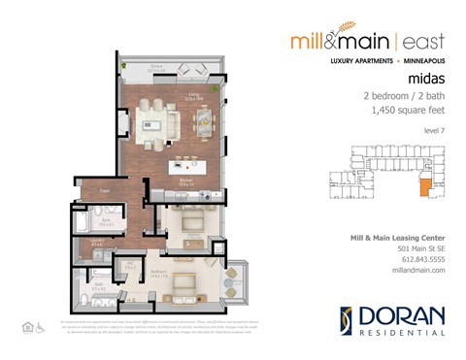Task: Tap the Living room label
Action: click(194, 95)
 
